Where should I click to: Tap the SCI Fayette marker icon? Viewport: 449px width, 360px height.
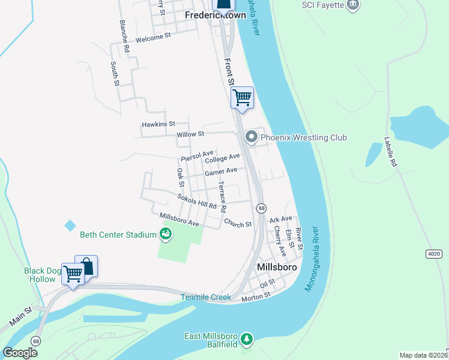[x=353, y=5]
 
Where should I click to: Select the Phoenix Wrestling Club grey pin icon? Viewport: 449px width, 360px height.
[x=252, y=138]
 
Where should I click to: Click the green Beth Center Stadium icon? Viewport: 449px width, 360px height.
[x=166, y=235]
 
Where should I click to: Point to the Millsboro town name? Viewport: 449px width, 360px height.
[x=277, y=266]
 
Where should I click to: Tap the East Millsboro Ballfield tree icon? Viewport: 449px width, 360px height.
[x=246, y=340]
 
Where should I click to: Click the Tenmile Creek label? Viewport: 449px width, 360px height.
[x=206, y=298]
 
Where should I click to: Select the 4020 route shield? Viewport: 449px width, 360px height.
[x=434, y=254]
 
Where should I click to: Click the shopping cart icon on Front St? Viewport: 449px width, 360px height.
[x=242, y=97]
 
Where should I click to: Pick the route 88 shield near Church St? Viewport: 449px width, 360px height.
[x=261, y=208]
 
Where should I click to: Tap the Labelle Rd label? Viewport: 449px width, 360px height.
[x=390, y=152]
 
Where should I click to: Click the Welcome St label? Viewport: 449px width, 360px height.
[x=153, y=37]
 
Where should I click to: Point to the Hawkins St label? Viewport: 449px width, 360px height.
[x=158, y=124]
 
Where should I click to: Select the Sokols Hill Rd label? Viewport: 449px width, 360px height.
[x=196, y=201]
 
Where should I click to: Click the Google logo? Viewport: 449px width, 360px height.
[x=19, y=353]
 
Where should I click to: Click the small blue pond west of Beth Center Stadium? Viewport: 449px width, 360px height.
[x=70, y=226]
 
